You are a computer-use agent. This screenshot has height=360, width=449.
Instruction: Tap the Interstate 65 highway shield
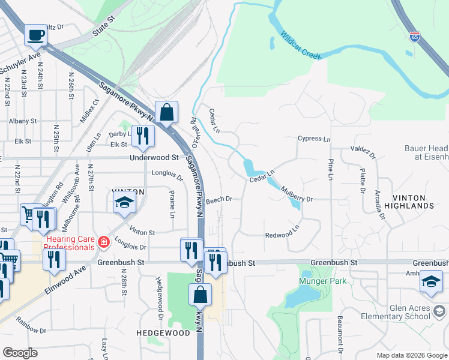tap(415, 37)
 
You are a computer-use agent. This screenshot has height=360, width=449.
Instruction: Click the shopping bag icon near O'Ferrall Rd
tap(166, 112)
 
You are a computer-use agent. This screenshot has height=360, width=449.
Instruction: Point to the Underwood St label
tap(155, 158)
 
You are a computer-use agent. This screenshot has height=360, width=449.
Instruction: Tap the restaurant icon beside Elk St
tap(143, 136)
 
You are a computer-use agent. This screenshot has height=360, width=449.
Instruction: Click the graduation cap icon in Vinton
tap(124, 203)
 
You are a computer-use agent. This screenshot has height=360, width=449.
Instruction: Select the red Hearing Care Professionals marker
tap(103, 242)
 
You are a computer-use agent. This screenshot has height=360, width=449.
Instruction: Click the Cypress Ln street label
tap(314, 139)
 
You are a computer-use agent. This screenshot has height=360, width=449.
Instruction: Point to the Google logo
tap(20, 352)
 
